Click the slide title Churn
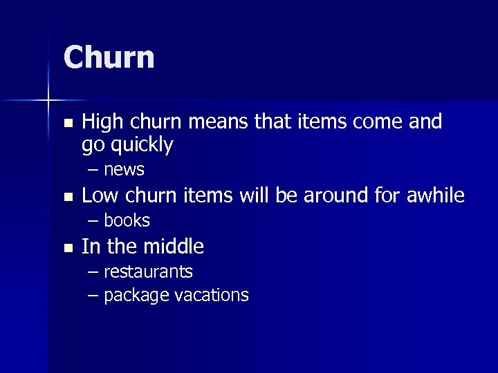click(109, 57)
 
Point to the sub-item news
click(124, 170)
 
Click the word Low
click(100, 196)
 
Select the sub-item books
click(127, 220)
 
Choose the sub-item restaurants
click(148, 271)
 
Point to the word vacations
click(211, 296)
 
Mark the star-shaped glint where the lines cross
click(48, 101)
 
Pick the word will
click(255, 196)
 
